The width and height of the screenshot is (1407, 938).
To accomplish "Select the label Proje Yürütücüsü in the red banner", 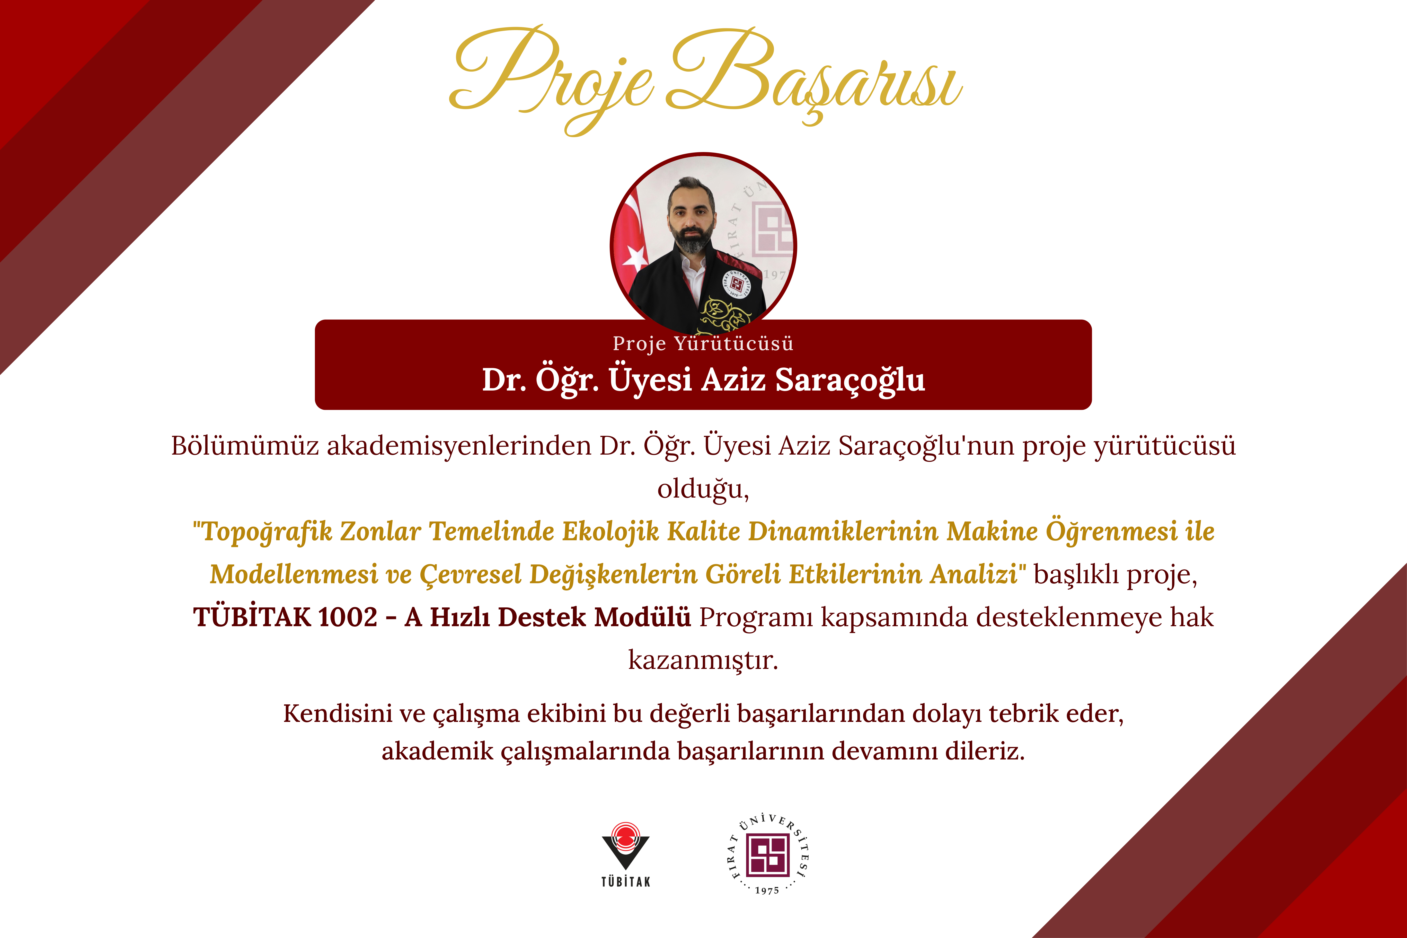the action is click(x=703, y=343).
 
